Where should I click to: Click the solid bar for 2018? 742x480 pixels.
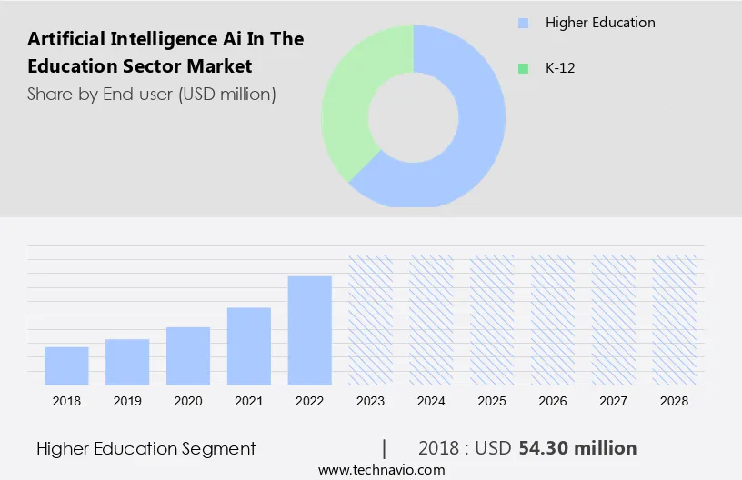66,365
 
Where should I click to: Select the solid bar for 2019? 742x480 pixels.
127,362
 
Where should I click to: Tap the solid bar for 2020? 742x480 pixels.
188,355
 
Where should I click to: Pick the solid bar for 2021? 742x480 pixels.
249,345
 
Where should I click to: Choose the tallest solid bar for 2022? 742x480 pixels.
310,330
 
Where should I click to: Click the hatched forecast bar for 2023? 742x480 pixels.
371,319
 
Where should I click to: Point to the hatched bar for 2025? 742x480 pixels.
492,319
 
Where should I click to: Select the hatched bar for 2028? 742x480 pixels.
675,319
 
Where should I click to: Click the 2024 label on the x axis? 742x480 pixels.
431,400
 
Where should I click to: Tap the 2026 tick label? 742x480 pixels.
553,400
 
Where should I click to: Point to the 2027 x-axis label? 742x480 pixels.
614,400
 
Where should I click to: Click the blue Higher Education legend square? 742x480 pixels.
522,23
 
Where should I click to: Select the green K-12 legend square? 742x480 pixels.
522,68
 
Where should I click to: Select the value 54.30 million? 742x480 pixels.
577,448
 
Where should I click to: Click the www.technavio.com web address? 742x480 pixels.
382,470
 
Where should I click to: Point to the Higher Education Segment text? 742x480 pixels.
146,448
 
